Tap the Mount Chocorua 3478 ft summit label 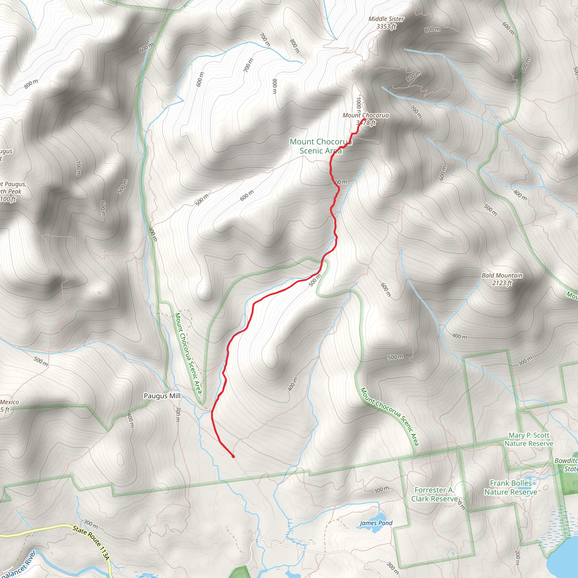pos(365,119)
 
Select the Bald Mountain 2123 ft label pos(502,279)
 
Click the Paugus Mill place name pos(162,396)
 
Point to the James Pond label pos(376,523)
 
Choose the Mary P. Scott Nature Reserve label pos(529,439)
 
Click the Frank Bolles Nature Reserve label pos(511,487)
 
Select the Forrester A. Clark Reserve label pos(434,494)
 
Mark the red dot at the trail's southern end pos(233,457)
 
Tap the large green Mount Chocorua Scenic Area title pos(320,146)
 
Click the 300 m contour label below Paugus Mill pos(178,414)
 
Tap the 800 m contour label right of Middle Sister pos(432,29)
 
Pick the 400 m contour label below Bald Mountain pos(459,336)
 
